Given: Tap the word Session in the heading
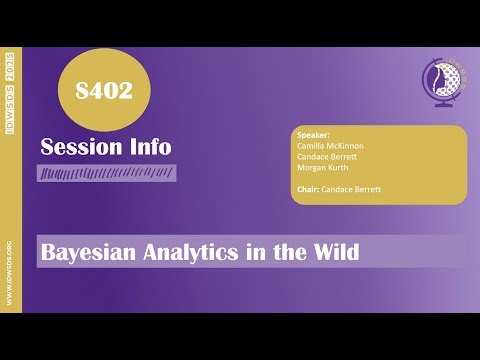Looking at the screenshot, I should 79,147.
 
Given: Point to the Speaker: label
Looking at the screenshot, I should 314,134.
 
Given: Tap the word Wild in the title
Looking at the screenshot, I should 334,252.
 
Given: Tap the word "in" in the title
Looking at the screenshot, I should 256,252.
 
